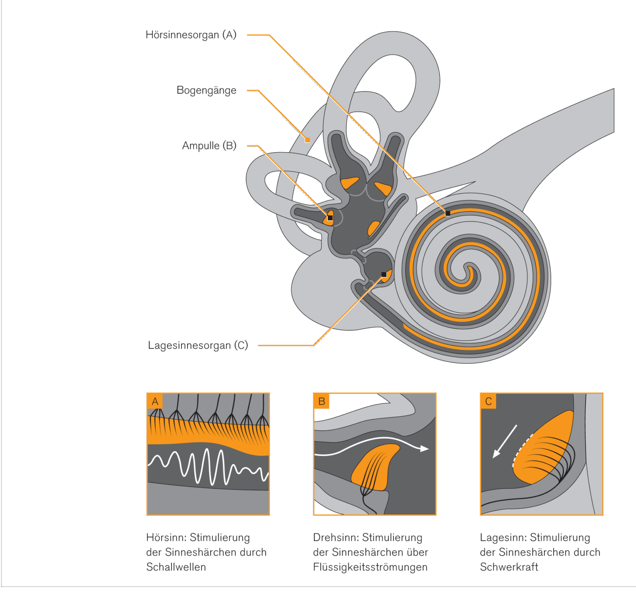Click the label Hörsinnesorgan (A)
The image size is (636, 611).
point(191,35)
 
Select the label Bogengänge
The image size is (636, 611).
point(206,90)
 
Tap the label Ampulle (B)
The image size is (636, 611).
point(209,146)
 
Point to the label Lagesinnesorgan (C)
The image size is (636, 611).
point(198,345)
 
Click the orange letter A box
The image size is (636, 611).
point(155,401)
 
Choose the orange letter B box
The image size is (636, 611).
point(321,401)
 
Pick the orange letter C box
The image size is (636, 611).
point(488,401)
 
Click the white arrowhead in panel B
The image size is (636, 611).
point(424,448)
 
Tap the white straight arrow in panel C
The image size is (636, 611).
point(504,442)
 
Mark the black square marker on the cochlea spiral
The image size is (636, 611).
point(448,213)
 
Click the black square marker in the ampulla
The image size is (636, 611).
point(330,218)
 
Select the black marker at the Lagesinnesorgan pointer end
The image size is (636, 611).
point(384,274)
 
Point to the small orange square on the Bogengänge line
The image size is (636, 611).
point(307,140)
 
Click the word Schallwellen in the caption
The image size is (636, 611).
point(176,567)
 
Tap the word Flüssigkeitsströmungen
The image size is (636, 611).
point(370,567)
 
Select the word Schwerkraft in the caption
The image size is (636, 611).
point(509,567)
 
